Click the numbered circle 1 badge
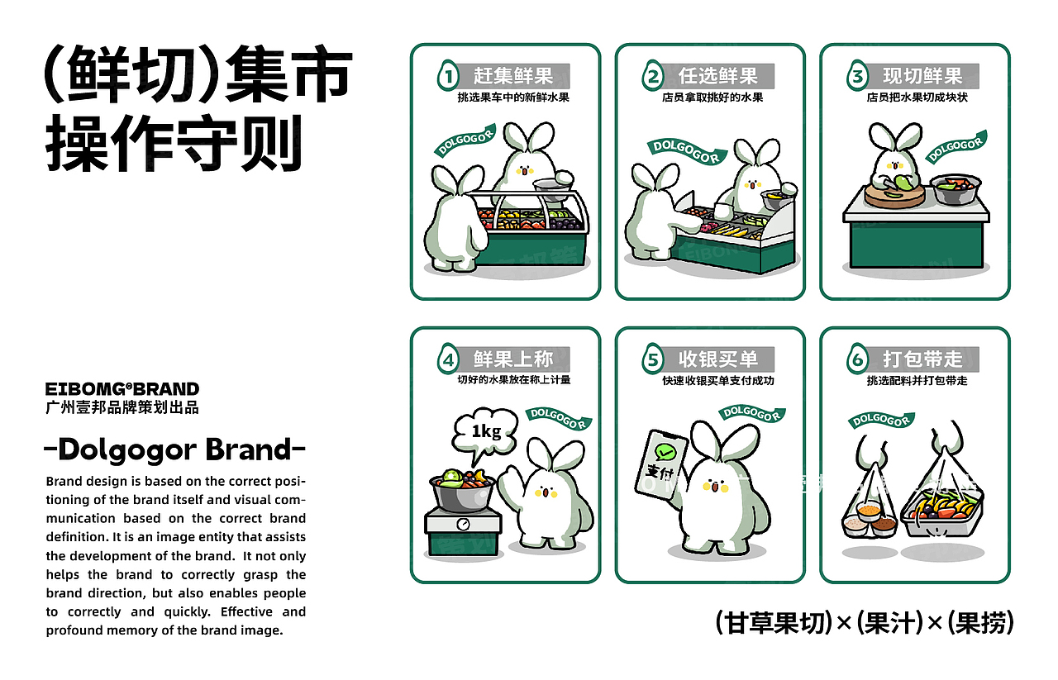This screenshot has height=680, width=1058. (x=448, y=78)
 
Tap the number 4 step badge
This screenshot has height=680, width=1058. (x=448, y=360)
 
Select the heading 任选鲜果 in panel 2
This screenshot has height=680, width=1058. (x=717, y=77)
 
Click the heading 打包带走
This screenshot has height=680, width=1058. (x=922, y=359)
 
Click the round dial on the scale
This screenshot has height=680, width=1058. (x=461, y=524)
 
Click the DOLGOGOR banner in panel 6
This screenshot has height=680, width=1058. (x=881, y=420)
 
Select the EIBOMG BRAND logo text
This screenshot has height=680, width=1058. (x=122, y=389)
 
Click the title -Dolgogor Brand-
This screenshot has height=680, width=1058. (x=174, y=450)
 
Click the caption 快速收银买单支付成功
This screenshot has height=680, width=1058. (x=717, y=381)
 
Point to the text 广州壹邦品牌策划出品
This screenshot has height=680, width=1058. (x=122, y=407)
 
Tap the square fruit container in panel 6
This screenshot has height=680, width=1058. (x=941, y=511)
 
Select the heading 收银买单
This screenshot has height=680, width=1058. (x=717, y=359)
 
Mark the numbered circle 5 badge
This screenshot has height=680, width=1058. (x=653, y=360)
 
